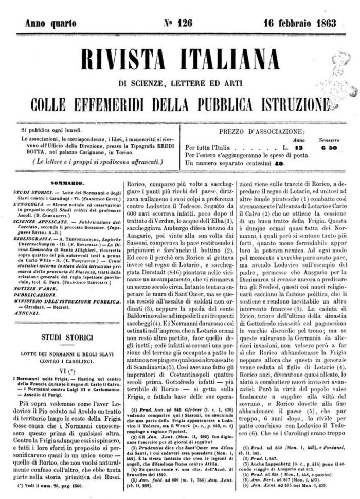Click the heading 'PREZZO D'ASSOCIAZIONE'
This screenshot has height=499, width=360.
[261, 131]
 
